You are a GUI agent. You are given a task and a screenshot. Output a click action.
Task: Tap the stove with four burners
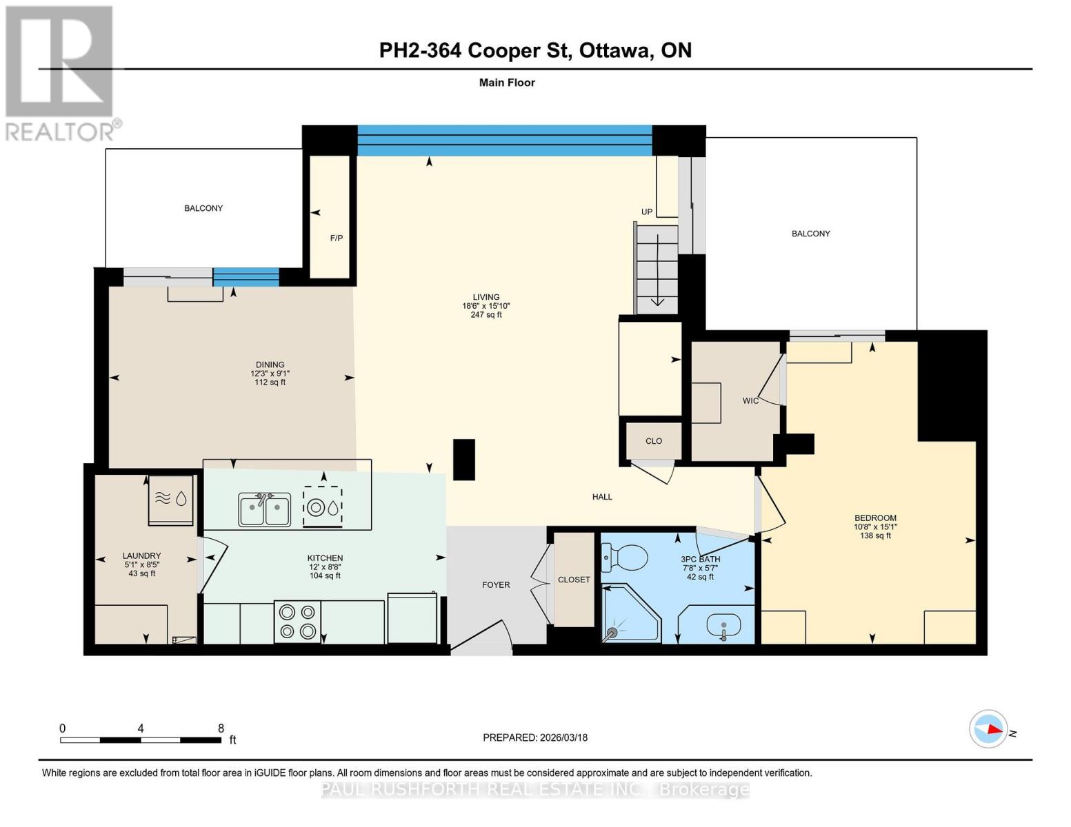(298, 622)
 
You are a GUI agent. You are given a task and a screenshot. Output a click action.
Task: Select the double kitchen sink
(264, 510)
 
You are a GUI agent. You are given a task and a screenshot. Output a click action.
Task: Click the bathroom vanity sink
(723, 626)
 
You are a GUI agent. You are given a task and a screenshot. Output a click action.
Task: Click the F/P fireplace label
(336, 238)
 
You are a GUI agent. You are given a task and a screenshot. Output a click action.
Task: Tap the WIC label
(750, 401)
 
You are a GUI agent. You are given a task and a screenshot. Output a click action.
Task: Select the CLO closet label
(653, 441)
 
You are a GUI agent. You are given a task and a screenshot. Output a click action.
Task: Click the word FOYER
(496, 584)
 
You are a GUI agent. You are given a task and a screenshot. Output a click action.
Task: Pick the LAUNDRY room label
(141, 555)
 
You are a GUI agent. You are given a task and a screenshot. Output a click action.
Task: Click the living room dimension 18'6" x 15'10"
(486, 306)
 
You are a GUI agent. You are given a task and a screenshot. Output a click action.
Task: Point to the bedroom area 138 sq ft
(875, 535)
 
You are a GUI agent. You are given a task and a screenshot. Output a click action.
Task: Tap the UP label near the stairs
(646, 212)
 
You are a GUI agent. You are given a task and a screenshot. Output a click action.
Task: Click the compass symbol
(988, 729)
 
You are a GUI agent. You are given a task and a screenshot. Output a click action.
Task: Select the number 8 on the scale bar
(221, 728)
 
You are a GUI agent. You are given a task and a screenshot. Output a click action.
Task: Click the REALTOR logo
(61, 72)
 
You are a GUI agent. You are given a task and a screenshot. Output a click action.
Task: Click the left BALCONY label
(203, 208)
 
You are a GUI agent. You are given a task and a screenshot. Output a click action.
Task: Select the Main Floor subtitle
(507, 83)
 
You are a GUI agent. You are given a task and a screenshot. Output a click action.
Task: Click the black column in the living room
(464, 459)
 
